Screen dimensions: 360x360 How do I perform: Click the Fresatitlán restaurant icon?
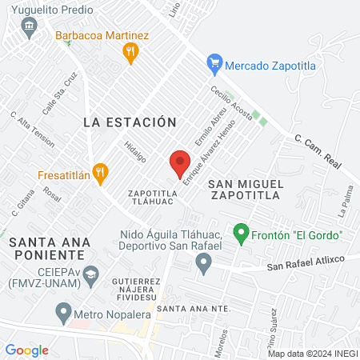pyautogui.click(x=99, y=173)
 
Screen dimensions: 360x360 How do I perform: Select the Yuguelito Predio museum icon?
pyautogui.click(x=30, y=28)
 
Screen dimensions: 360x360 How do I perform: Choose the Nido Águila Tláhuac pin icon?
pyautogui.click(x=204, y=261)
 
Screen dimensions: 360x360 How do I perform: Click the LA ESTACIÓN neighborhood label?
pyautogui.click(x=129, y=122)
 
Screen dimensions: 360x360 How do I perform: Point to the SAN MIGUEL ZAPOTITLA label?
pyautogui.click(x=246, y=191)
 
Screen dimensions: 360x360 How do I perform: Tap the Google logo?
pyautogui.click(x=26, y=350)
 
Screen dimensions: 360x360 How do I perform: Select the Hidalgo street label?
pyautogui.click(x=135, y=152)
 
